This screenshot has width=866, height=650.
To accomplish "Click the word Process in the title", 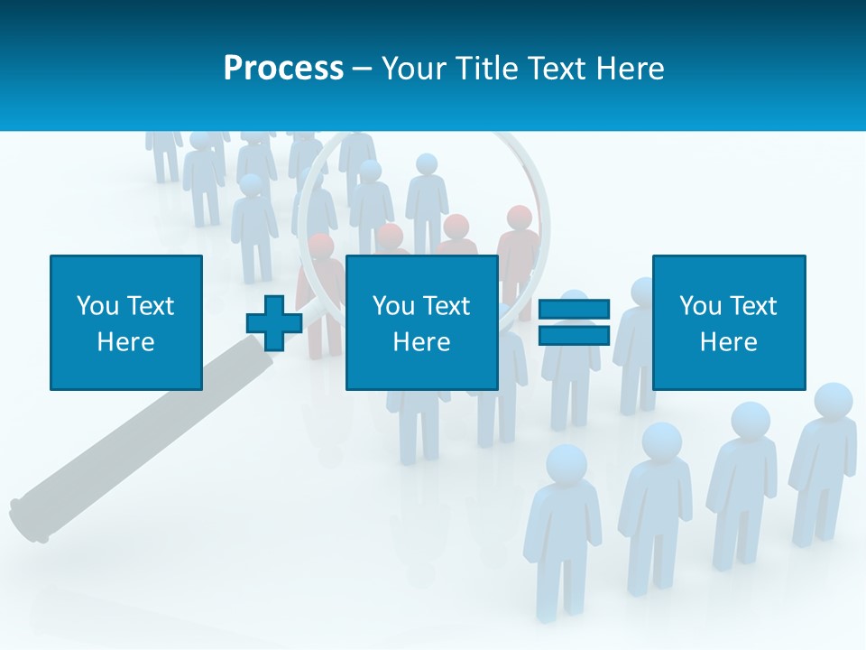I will click(283, 69).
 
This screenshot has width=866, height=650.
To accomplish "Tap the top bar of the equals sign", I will click(574, 310).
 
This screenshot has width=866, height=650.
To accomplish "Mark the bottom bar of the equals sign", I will click(574, 336).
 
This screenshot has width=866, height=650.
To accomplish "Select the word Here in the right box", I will click(728, 342).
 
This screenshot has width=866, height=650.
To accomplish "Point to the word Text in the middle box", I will click(446, 306).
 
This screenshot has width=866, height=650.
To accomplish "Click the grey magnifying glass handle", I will click(135, 433).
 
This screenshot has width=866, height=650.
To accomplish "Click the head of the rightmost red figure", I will click(520, 218).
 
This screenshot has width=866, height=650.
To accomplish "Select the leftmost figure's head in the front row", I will click(567, 464).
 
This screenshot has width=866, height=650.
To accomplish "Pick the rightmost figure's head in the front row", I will click(833, 402).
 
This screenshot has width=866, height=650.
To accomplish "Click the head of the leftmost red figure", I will click(320, 245).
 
